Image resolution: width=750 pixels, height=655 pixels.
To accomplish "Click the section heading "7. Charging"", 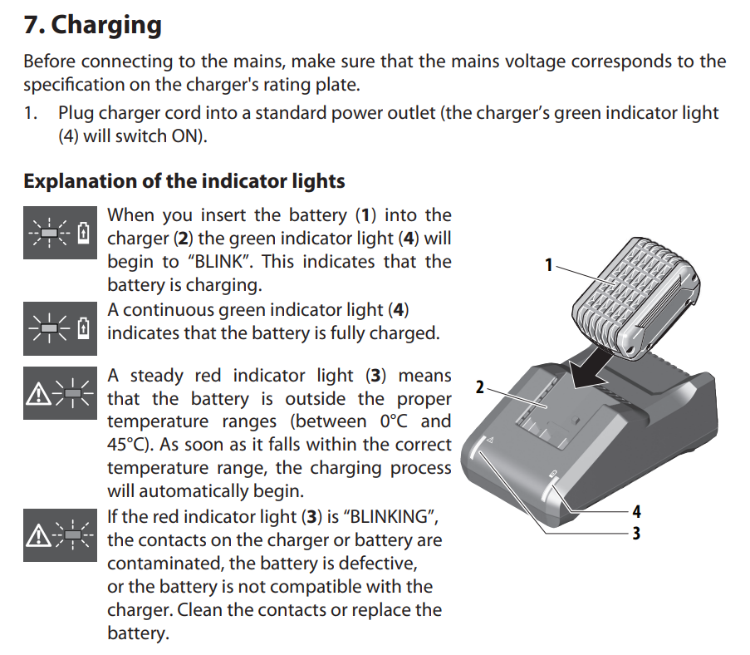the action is click(x=93, y=26).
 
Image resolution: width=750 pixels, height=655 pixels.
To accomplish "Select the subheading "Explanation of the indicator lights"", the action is click(x=184, y=181).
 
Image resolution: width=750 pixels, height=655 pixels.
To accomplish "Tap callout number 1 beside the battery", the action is click(x=549, y=265).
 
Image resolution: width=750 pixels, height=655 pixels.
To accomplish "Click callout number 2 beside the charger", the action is click(x=480, y=387).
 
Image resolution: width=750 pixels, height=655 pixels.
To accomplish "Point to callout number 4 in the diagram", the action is click(x=637, y=511).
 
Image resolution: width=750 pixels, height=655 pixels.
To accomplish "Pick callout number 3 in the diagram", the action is click(x=636, y=533).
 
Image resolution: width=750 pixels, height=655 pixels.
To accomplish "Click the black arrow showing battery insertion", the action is click(x=591, y=369).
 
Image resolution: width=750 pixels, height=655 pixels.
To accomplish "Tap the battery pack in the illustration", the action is click(x=636, y=298).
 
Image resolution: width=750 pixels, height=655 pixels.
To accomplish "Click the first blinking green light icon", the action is click(x=61, y=233).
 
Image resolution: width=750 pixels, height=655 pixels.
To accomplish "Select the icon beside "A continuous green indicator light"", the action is click(x=61, y=328).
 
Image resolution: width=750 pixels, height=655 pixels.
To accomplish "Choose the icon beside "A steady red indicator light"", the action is click(x=61, y=393).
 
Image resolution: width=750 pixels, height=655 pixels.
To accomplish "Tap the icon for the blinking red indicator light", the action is click(x=61, y=534).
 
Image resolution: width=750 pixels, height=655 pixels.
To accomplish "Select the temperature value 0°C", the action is click(x=395, y=421).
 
